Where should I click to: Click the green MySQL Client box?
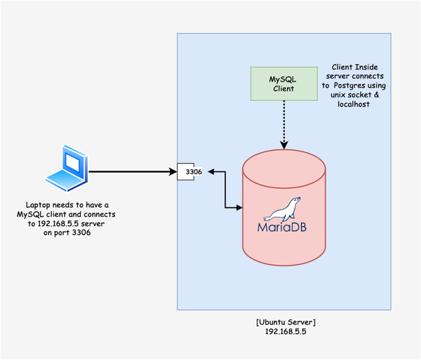[x=283, y=82]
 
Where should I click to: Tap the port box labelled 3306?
[x=189, y=171]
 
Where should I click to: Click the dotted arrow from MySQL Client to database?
[x=283, y=123]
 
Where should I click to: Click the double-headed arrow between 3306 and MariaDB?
[x=225, y=189]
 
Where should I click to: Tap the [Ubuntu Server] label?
[x=285, y=321]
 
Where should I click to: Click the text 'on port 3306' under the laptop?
[x=67, y=232]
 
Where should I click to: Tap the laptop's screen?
[x=72, y=161]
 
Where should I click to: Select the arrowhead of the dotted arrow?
[x=283, y=145]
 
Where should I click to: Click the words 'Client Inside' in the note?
[x=358, y=67]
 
